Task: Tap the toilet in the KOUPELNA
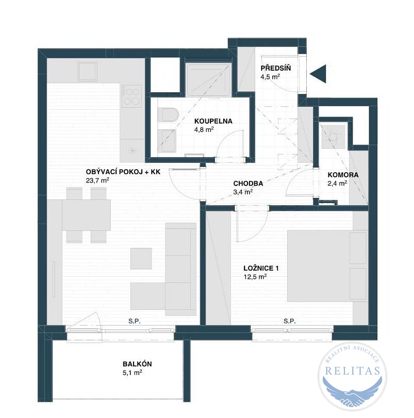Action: click(x=168, y=114)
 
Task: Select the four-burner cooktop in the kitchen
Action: click(x=131, y=96)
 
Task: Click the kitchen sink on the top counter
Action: click(x=88, y=72)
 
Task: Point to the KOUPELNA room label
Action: click(x=213, y=121)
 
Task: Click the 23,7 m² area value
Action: click(x=97, y=180)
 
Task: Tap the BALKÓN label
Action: click(x=137, y=364)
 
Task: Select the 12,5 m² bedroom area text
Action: click(x=255, y=277)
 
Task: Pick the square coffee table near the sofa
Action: click(x=141, y=259)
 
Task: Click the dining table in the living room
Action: click(x=87, y=215)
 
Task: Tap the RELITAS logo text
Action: click(x=353, y=371)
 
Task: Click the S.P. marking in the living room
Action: click(x=135, y=321)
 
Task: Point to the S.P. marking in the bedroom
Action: click(x=290, y=321)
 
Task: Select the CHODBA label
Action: click(x=248, y=183)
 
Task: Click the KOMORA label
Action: click(x=343, y=175)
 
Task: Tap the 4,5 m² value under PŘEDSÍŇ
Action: click(x=270, y=77)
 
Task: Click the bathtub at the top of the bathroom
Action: click(x=208, y=79)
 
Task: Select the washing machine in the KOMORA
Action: click(x=334, y=137)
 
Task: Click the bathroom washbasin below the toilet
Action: click(x=167, y=141)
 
